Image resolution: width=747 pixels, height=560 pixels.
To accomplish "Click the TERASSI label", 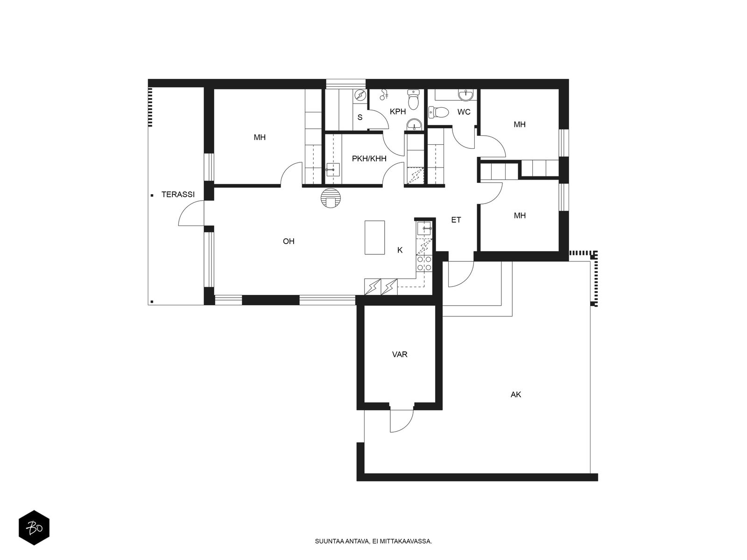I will pyautogui.click(x=178, y=195).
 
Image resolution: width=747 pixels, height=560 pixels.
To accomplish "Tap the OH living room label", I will pyautogui.click(x=289, y=241).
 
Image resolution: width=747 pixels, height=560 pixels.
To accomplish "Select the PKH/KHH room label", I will pyautogui.click(x=369, y=159).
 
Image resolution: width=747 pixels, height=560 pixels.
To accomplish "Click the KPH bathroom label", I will pyautogui.click(x=398, y=112).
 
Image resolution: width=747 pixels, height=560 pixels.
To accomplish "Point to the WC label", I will pyautogui.click(x=464, y=112).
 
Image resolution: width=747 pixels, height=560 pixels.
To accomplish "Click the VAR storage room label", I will pyautogui.click(x=400, y=355).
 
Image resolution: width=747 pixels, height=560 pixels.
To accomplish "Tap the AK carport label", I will pyautogui.click(x=515, y=394).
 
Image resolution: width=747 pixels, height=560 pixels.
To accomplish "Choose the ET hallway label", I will pyautogui.click(x=456, y=220).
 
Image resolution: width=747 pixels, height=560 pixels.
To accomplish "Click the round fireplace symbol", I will pyautogui.click(x=331, y=198).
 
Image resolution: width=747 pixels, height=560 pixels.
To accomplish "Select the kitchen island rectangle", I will pyautogui.click(x=374, y=238).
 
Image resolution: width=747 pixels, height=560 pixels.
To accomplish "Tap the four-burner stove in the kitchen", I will pyautogui.click(x=424, y=264).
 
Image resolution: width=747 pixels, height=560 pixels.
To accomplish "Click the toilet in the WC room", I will pyautogui.click(x=438, y=112).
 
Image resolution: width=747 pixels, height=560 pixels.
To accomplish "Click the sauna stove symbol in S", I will pyautogui.click(x=360, y=96).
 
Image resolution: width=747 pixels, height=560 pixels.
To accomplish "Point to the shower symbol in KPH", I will pyautogui.click(x=384, y=95).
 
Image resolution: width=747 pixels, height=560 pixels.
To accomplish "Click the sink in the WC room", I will pyautogui.click(x=465, y=96).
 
